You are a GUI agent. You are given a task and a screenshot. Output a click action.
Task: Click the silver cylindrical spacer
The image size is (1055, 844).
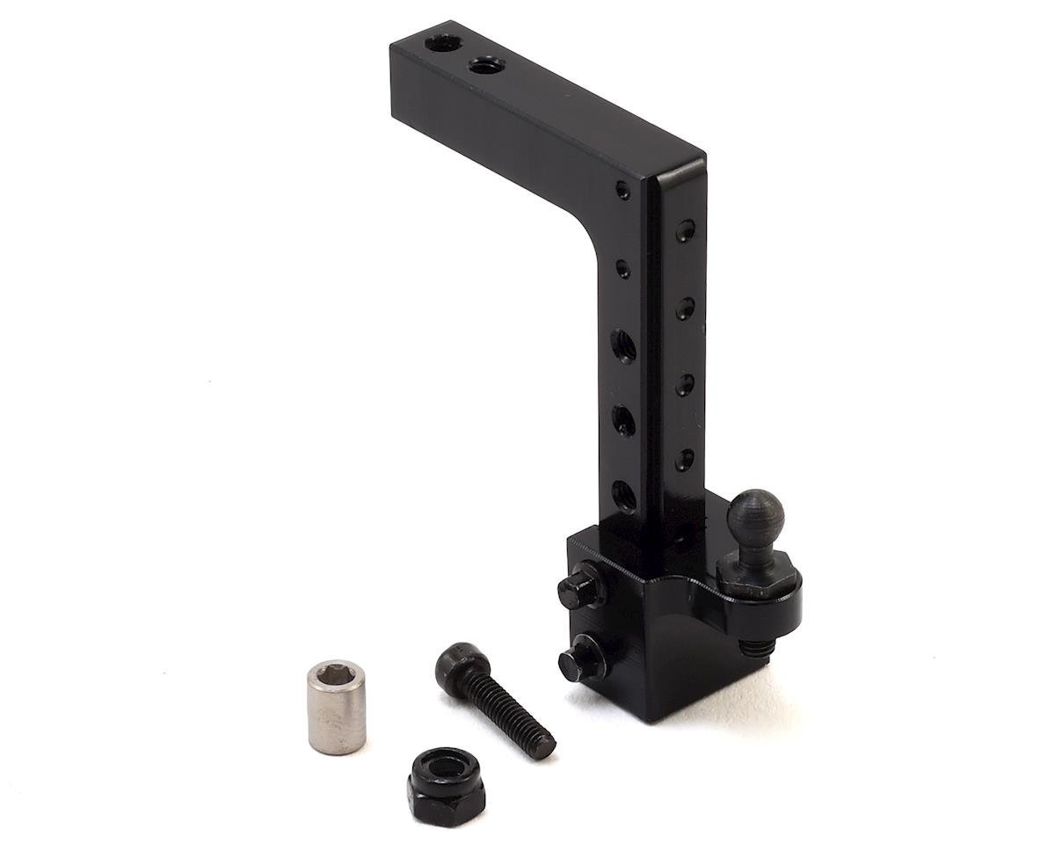coord(336,709)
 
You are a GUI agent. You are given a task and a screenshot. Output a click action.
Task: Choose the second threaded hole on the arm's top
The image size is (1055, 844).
coord(483,65)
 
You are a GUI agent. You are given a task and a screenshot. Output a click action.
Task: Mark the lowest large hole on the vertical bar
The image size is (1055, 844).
coord(623,495)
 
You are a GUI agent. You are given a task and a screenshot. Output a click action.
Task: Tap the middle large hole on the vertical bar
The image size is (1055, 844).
coord(623,419)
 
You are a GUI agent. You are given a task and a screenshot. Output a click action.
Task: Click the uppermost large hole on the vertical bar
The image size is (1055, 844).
coord(623,345)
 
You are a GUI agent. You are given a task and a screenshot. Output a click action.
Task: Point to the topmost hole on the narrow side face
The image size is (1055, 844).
coord(685,231)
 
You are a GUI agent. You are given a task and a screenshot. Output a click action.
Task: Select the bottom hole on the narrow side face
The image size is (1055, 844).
coord(684,459)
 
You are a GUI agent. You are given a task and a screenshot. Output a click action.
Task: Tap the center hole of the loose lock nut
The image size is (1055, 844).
coord(446,764)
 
